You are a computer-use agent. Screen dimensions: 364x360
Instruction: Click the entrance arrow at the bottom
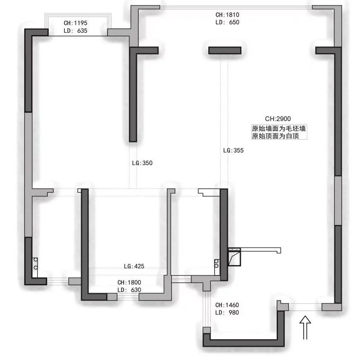coord(305,326)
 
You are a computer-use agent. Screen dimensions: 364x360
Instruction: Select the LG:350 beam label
coord(142,163)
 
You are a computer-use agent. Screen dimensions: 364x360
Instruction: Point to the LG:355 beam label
coord(233,151)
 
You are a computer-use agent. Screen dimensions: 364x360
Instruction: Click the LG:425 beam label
coord(134,266)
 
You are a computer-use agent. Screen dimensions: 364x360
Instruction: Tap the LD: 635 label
coord(75,31)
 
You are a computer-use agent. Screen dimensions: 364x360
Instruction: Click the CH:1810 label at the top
coord(227,14)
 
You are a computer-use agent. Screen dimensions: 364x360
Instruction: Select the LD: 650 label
coord(227,22)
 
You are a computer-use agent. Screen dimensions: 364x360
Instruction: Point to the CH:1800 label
coord(129,282)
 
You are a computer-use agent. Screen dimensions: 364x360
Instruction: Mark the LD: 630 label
coord(129,290)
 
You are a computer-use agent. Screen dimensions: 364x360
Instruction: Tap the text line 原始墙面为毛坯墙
coord(279,129)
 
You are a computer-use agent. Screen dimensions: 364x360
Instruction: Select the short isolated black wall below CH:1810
coord(225,50)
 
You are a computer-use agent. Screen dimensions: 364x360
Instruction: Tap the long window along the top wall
coord(236,7)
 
